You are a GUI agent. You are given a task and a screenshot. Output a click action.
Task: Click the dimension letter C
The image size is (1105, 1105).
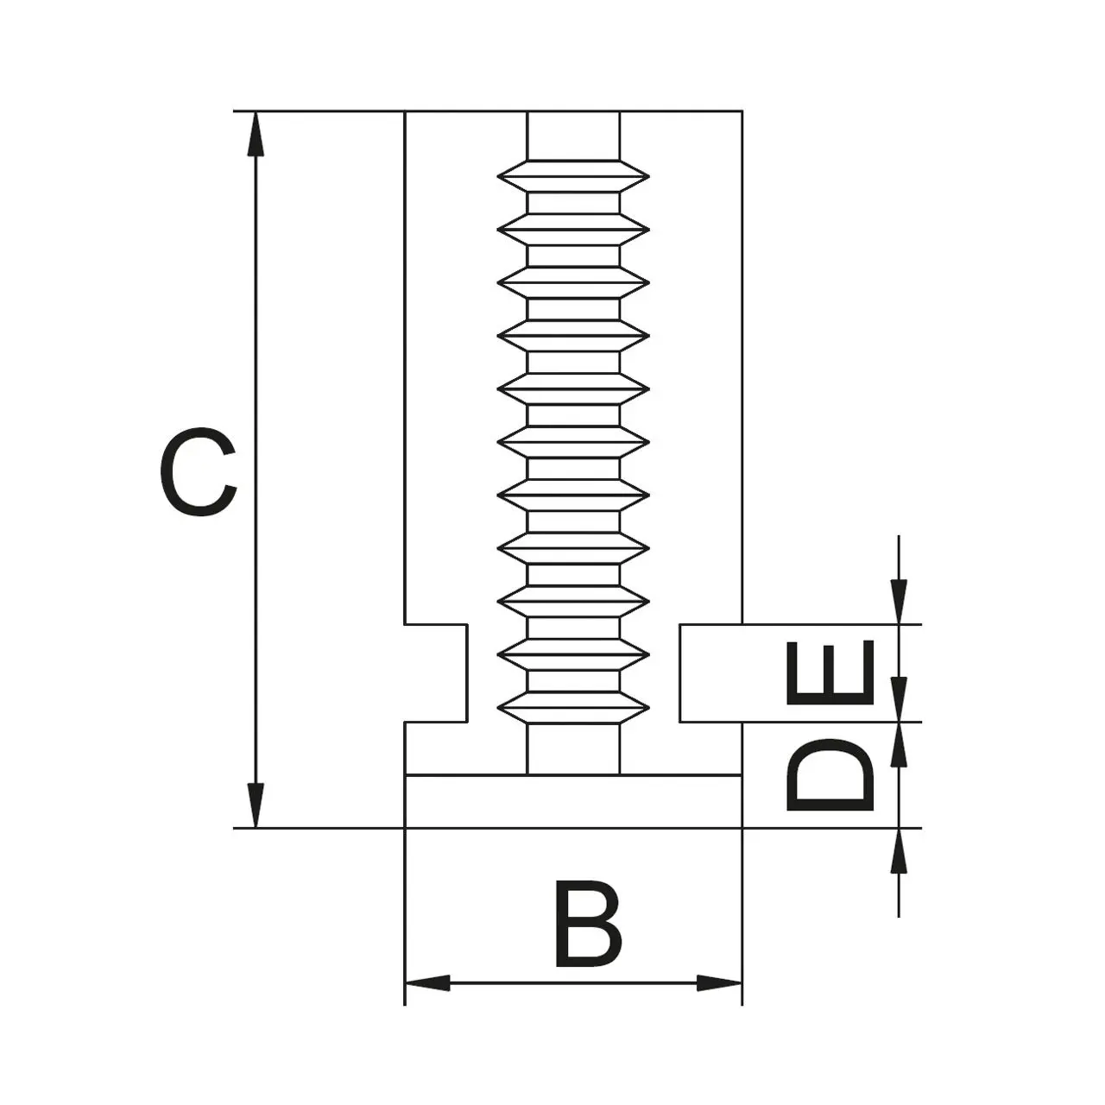(198, 471)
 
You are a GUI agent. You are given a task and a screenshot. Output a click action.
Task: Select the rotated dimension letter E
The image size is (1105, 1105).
(830, 672)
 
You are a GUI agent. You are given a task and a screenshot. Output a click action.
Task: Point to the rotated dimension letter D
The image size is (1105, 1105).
(830, 774)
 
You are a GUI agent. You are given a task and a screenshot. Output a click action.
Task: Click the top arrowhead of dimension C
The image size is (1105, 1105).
(256, 134)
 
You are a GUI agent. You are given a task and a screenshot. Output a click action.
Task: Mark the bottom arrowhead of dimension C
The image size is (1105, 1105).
(256, 805)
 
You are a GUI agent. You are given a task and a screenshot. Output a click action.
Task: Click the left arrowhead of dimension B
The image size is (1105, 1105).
(428, 983)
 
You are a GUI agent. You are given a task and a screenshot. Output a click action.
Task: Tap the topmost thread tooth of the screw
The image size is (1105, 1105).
(573, 176)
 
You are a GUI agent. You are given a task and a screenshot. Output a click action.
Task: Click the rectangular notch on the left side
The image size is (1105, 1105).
(436, 672)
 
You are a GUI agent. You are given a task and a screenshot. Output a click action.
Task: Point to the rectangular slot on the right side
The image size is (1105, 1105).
(711, 672)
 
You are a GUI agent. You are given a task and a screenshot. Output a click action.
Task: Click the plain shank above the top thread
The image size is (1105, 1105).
(573, 136)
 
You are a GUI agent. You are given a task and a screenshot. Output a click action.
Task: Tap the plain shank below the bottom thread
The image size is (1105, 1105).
(573, 749)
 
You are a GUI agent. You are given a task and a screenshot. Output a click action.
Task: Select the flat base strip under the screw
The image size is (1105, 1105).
(573, 802)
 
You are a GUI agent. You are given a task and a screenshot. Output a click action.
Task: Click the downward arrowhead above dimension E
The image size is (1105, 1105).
(899, 602)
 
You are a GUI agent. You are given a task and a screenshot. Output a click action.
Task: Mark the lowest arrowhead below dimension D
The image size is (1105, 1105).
(899, 851)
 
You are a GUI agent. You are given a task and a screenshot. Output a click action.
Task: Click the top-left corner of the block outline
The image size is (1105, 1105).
(406, 110)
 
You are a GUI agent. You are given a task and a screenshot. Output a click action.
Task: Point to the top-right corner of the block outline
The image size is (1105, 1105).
(742, 110)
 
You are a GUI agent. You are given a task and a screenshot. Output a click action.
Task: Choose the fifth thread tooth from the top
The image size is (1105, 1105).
(573, 388)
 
